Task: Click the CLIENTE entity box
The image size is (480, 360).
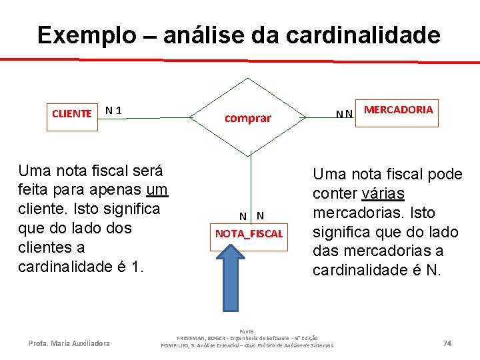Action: [72, 113]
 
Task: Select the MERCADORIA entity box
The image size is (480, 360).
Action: [399, 110]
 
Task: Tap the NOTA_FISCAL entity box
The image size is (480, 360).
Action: [249, 234]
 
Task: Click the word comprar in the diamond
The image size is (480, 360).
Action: [248, 119]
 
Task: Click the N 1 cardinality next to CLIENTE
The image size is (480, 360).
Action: [113, 110]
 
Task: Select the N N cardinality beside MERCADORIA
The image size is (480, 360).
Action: [344, 115]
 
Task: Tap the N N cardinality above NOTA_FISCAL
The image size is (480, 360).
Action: [252, 215]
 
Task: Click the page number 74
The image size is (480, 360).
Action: [447, 343]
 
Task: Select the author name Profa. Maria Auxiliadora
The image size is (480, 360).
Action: [69, 343]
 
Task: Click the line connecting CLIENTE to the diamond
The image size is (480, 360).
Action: [157, 118]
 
